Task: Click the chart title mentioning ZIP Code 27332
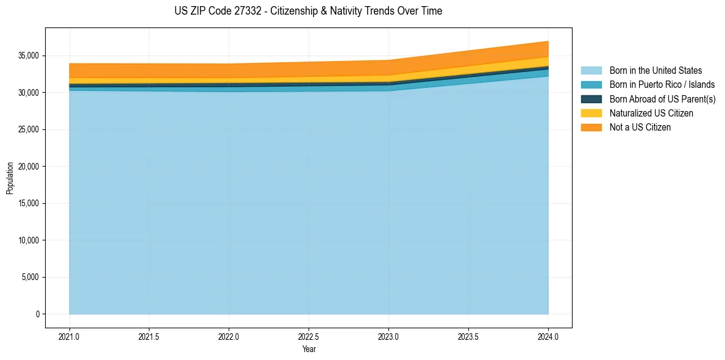click(x=308, y=11)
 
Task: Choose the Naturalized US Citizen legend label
click(x=651, y=113)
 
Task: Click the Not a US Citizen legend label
click(x=640, y=127)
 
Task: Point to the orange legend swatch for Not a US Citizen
click(x=591, y=127)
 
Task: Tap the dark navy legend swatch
click(x=591, y=99)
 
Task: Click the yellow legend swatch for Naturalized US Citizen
click(x=591, y=113)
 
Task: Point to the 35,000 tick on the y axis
click(x=28, y=56)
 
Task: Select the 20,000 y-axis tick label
click(x=28, y=167)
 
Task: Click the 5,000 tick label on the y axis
click(x=30, y=277)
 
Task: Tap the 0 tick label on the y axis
click(x=37, y=314)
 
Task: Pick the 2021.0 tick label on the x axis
click(x=69, y=336)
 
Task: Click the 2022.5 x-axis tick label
click(x=309, y=336)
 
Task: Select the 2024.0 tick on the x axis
click(x=548, y=336)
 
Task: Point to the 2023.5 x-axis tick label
click(x=468, y=336)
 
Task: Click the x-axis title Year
click(x=309, y=349)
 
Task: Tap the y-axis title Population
click(x=10, y=178)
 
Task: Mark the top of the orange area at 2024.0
click(x=548, y=41)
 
